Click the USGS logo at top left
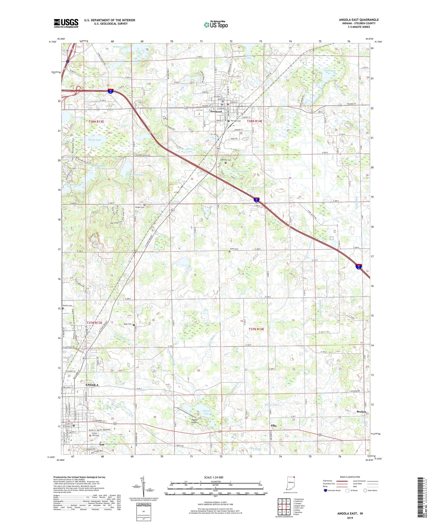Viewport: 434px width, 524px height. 66,23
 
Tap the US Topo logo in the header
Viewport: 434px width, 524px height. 216,25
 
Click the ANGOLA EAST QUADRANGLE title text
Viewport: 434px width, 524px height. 359,20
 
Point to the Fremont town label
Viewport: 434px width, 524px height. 216,112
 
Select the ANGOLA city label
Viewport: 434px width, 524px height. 92,385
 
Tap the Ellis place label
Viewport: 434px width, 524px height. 273,426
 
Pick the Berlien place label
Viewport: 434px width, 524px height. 361,412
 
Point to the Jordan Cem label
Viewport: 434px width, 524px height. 139,207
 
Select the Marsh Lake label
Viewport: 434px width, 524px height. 95,140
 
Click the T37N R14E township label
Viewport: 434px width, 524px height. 256,329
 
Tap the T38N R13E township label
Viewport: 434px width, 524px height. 96,122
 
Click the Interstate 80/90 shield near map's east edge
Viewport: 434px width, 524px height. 359,266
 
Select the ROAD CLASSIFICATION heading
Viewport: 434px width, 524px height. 350,477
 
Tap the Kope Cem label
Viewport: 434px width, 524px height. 128,324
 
